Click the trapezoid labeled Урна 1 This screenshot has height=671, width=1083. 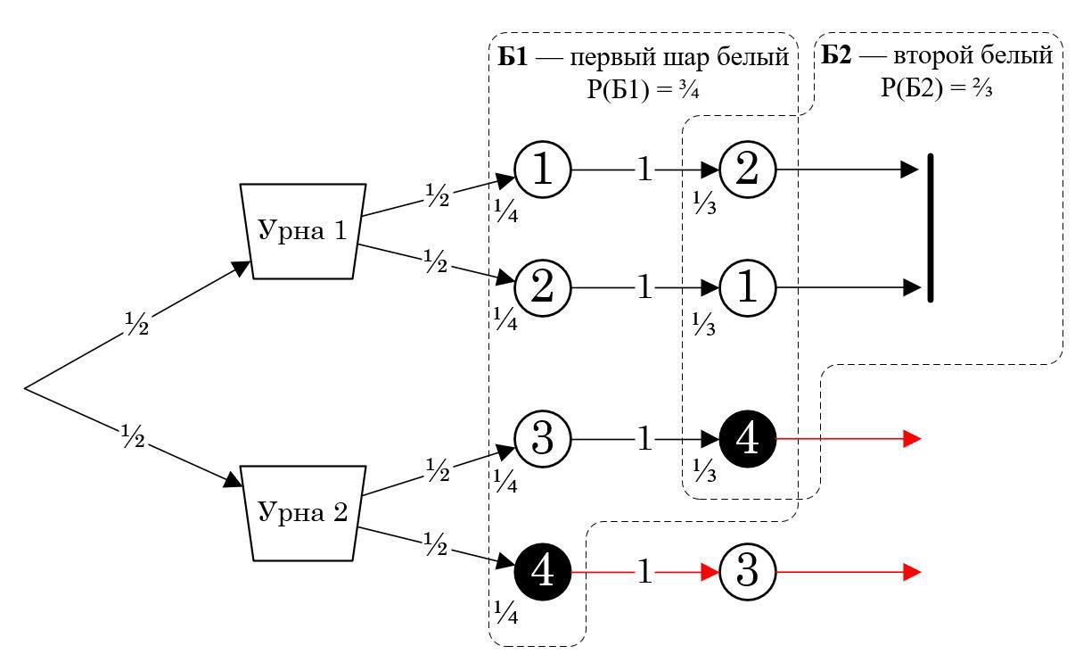[302, 232]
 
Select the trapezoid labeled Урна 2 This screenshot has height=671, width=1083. [302, 513]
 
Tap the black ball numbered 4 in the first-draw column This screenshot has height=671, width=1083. [543, 572]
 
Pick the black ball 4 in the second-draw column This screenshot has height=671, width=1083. [748, 439]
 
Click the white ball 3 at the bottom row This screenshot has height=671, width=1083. [748, 572]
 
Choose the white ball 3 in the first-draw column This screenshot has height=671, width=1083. [543, 439]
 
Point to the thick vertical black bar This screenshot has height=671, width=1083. [931, 228]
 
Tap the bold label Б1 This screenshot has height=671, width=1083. [513, 58]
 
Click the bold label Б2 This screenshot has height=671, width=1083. [837, 56]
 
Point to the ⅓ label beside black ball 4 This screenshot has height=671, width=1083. [704, 469]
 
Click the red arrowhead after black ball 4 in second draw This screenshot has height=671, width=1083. [912, 439]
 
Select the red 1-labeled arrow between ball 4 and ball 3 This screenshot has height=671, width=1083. [644, 572]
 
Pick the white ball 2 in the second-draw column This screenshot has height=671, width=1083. [748, 169]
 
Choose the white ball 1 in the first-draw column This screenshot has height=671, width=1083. [543, 169]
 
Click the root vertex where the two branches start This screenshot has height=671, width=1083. [25, 388]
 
